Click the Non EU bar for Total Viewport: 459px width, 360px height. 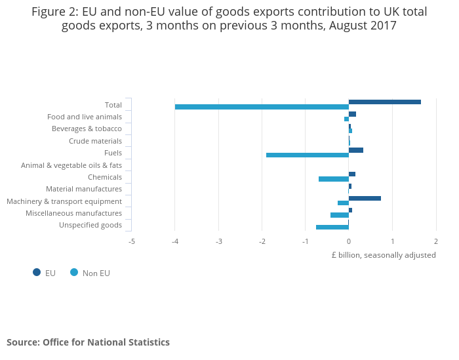(262, 107)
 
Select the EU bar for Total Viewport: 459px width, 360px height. (385, 102)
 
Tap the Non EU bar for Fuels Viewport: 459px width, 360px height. (308, 155)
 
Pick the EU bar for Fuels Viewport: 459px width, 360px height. (356, 150)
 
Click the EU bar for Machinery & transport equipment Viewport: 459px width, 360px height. (365, 198)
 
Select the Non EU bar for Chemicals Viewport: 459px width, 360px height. (334, 179)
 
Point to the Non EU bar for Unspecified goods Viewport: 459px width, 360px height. (332, 228)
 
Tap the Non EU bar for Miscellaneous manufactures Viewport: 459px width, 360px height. (340, 215)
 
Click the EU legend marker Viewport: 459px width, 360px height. (36, 273)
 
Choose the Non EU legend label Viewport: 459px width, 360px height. (96, 273)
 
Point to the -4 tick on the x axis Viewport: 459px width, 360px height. (175, 241)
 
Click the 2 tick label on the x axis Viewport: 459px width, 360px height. (435, 241)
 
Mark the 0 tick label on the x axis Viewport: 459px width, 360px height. (349, 241)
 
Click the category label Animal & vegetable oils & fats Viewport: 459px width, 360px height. (71, 165)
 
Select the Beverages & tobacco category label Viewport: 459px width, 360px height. (87, 129)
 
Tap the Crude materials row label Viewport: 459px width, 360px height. (95, 141)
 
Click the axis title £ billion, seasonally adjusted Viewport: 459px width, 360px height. (384, 255)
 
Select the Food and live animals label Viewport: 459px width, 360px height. (85, 117)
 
